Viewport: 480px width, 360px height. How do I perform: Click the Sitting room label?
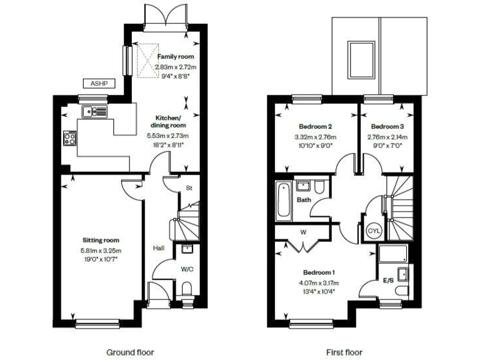click(101, 240)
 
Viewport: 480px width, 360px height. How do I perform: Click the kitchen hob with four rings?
click(70, 137)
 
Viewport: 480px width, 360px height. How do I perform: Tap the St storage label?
click(188, 187)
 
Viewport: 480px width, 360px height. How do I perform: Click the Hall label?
click(159, 249)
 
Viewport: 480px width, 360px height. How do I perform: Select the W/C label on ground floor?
click(187, 269)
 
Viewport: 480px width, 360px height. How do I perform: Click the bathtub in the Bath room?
click(283, 199)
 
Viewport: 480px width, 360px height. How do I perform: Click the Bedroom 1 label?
click(319, 272)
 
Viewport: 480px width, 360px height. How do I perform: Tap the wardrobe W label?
click(302, 231)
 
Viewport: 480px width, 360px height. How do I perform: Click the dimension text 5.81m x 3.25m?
click(101, 250)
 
